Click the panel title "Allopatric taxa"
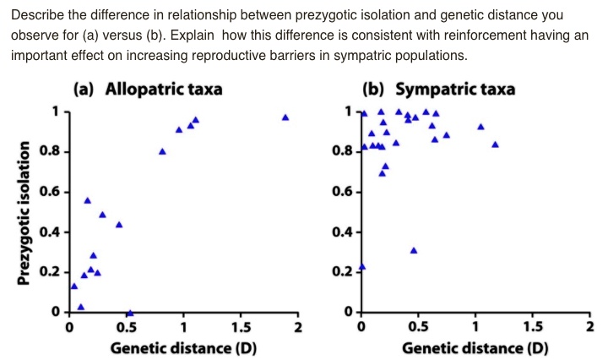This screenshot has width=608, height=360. (x=163, y=89)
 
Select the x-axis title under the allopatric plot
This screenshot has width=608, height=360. (x=183, y=347)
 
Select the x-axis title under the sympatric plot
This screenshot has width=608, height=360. (x=475, y=347)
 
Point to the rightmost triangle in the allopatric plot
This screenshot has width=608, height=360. (x=285, y=117)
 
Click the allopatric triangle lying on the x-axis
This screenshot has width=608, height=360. (x=129, y=313)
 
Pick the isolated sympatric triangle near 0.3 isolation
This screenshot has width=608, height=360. (x=414, y=250)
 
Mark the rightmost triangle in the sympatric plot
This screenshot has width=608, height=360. (x=495, y=145)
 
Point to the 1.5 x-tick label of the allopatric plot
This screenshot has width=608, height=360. (x=241, y=328)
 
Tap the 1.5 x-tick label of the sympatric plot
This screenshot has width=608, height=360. (x=533, y=328)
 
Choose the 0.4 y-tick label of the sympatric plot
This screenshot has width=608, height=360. (x=343, y=232)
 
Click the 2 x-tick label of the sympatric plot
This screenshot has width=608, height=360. (x=590, y=328)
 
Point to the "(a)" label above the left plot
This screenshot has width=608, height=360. (x=84, y=89)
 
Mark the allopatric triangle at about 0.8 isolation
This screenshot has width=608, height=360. (x=162, y=152)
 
